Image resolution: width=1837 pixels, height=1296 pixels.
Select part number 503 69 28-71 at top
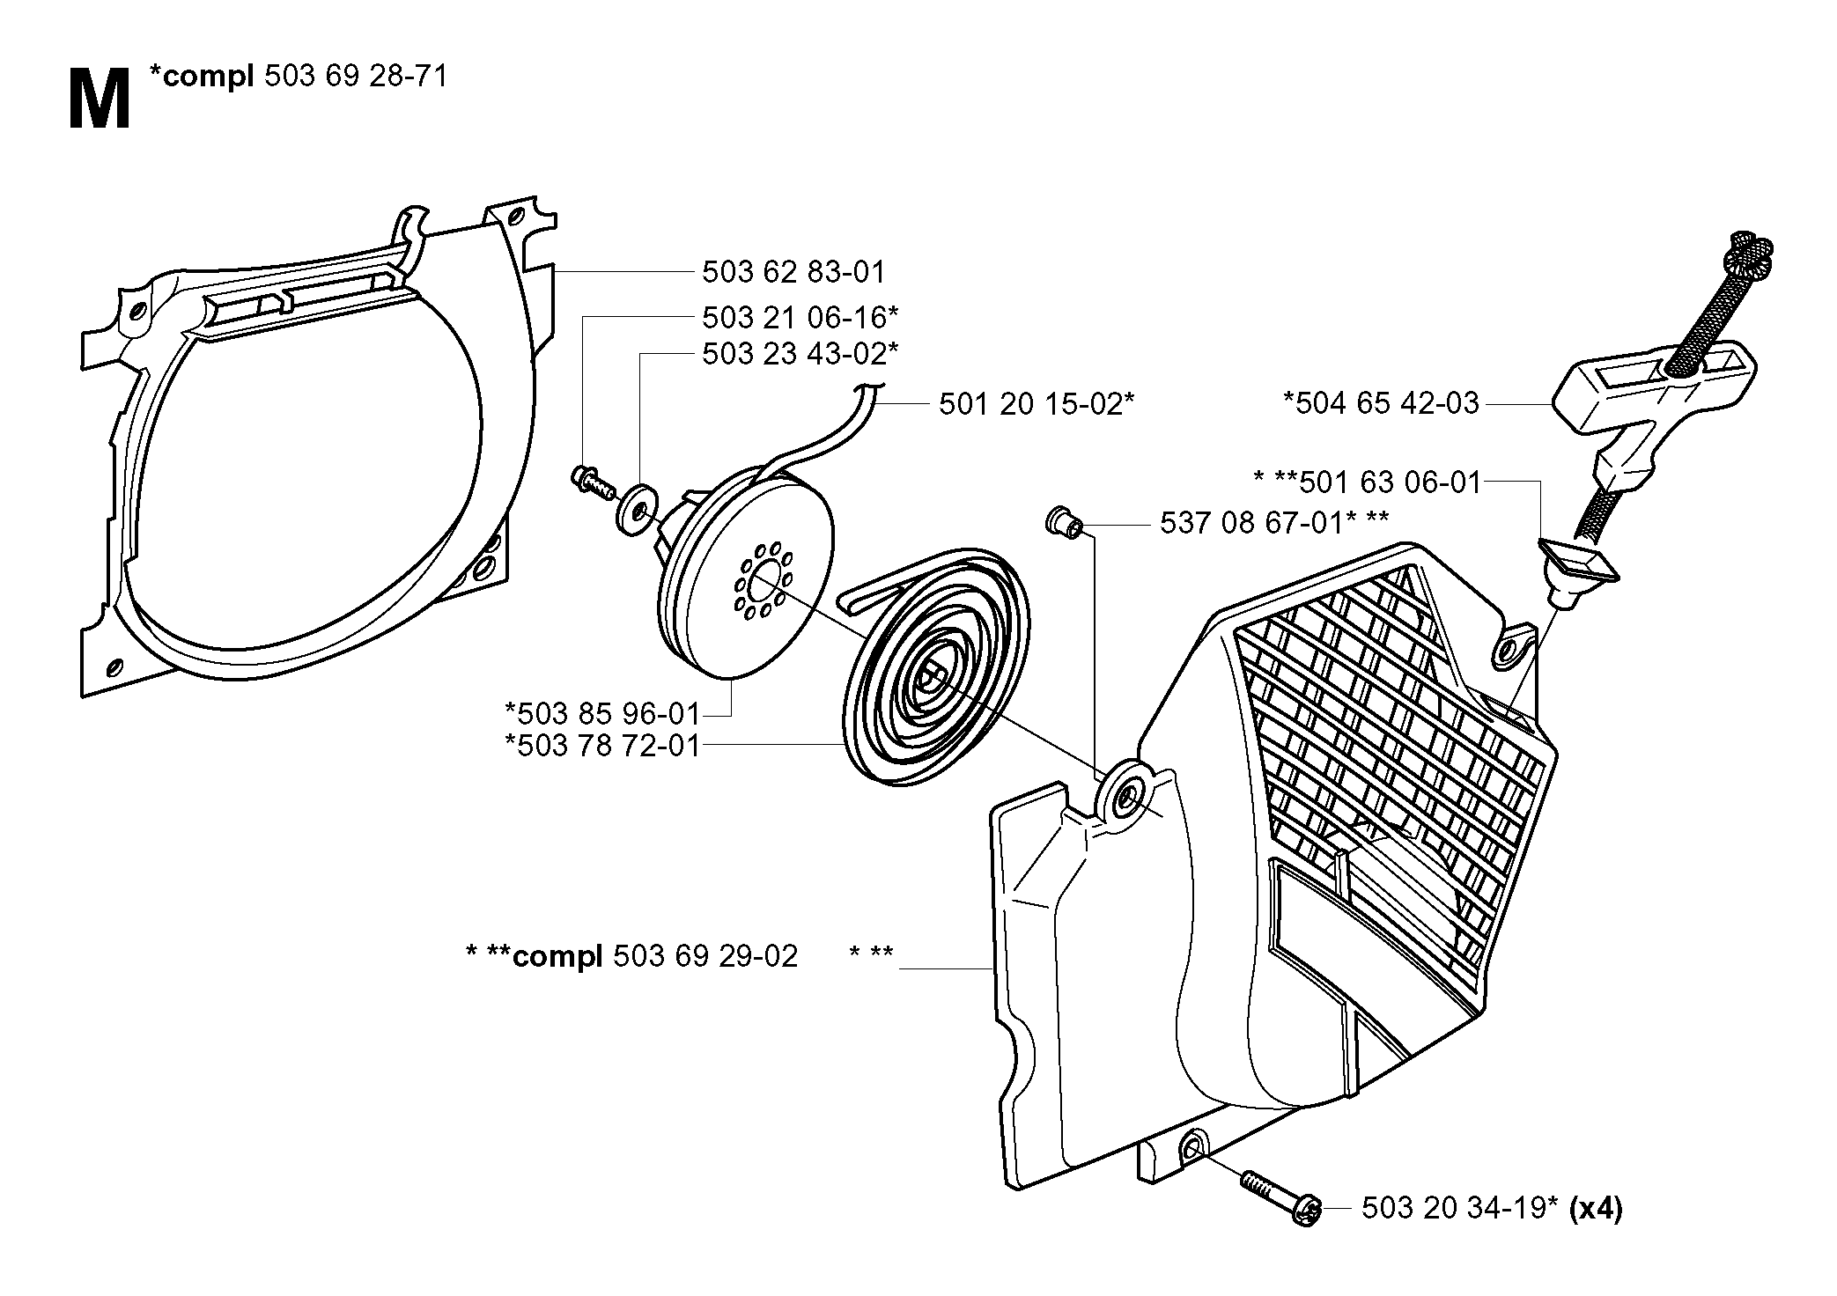[356, 77]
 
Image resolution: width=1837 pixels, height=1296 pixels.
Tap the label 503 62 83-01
[793, 271]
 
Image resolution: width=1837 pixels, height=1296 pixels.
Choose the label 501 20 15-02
[1030, 404]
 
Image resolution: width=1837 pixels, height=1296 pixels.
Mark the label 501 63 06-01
[1391, 482]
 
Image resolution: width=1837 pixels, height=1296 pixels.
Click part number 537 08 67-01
[1251, 523]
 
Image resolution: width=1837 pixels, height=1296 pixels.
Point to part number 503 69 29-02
[705, 955]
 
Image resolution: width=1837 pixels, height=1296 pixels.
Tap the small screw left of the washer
[591, 483]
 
